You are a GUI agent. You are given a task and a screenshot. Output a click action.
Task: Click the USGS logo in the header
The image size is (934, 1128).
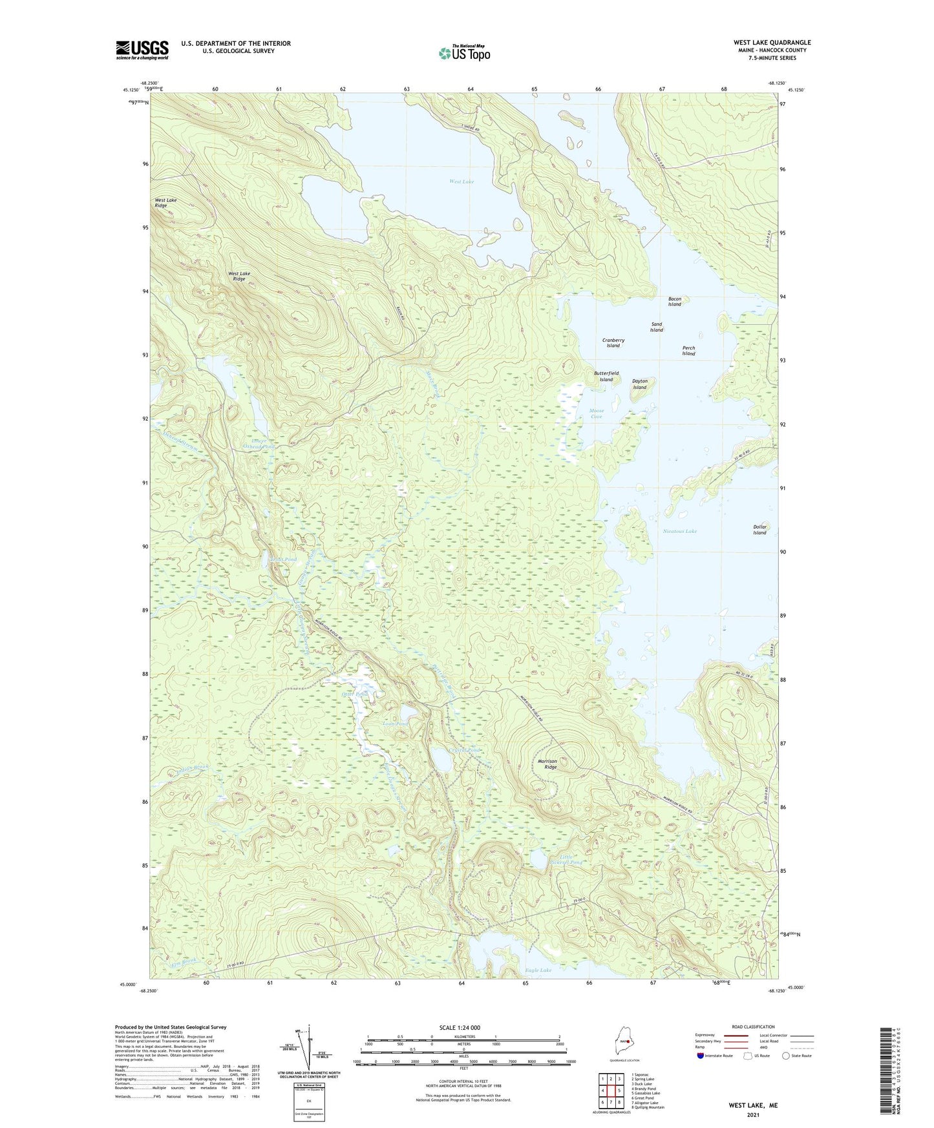(142, 50)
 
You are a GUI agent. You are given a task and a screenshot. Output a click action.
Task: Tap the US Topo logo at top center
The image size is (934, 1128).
(463, 53)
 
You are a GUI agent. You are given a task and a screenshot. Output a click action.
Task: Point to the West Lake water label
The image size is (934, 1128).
(462, 182)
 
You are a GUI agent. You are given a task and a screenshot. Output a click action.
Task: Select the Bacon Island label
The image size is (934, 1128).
(674, 302)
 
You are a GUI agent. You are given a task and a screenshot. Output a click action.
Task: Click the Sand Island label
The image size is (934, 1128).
(656, 327)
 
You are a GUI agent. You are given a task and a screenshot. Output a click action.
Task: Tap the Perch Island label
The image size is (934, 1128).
(688, 351)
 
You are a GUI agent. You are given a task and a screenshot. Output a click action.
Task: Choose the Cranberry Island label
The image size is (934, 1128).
(613, 342)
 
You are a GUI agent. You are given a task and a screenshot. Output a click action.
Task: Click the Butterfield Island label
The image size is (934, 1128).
(606, 376)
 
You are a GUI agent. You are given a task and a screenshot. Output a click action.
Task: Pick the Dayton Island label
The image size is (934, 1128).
(639, 384)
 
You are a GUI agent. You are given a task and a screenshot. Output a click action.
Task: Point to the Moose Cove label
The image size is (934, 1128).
(596, 413)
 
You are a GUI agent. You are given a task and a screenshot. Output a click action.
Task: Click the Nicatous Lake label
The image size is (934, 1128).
(679, 531)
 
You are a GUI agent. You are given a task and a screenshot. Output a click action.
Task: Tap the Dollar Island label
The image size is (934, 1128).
(759, 530)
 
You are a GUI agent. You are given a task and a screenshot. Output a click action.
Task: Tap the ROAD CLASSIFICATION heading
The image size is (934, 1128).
(753, 1027)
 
